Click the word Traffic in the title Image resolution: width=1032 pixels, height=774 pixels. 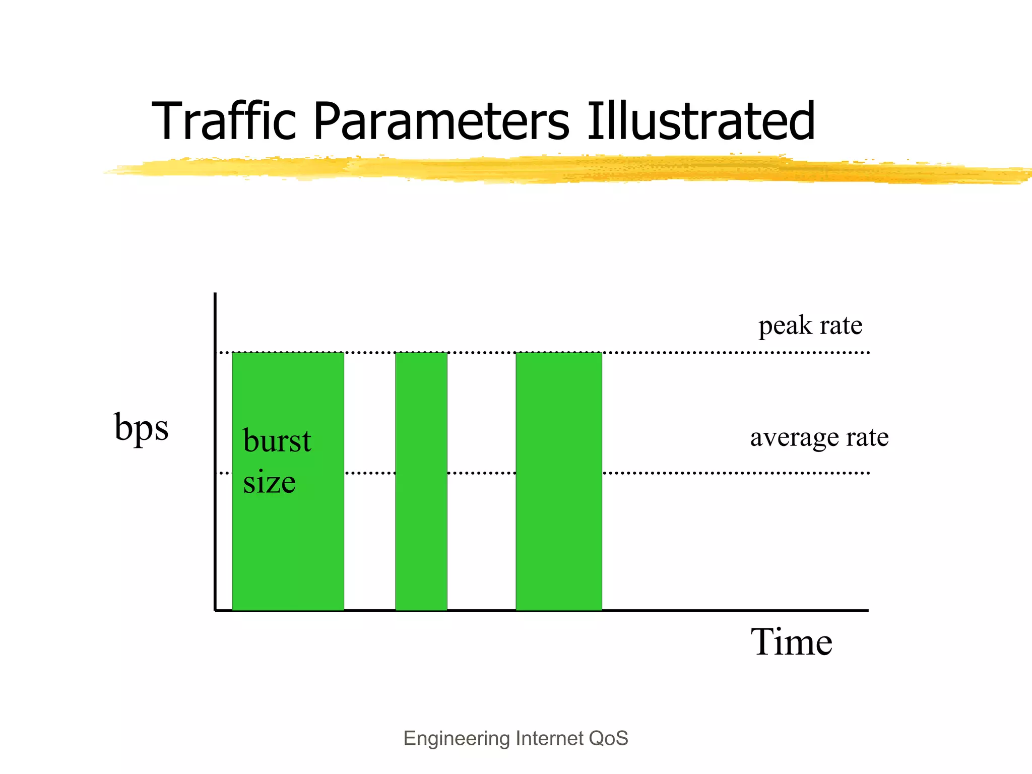tap(224, 122)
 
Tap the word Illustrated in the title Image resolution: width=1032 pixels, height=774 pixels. tap(700, 122)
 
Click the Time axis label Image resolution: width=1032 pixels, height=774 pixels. tap(791, 642)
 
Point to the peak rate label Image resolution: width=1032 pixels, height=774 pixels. tap(810, 326)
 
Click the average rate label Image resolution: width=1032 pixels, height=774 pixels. tap(819, 437)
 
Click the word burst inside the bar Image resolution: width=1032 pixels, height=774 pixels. tap(277, 441)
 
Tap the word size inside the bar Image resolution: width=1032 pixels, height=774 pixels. tap(269, 482)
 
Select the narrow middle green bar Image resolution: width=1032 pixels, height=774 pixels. tap(421, 529)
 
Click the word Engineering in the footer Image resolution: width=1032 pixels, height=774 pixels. tap(457, 739)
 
